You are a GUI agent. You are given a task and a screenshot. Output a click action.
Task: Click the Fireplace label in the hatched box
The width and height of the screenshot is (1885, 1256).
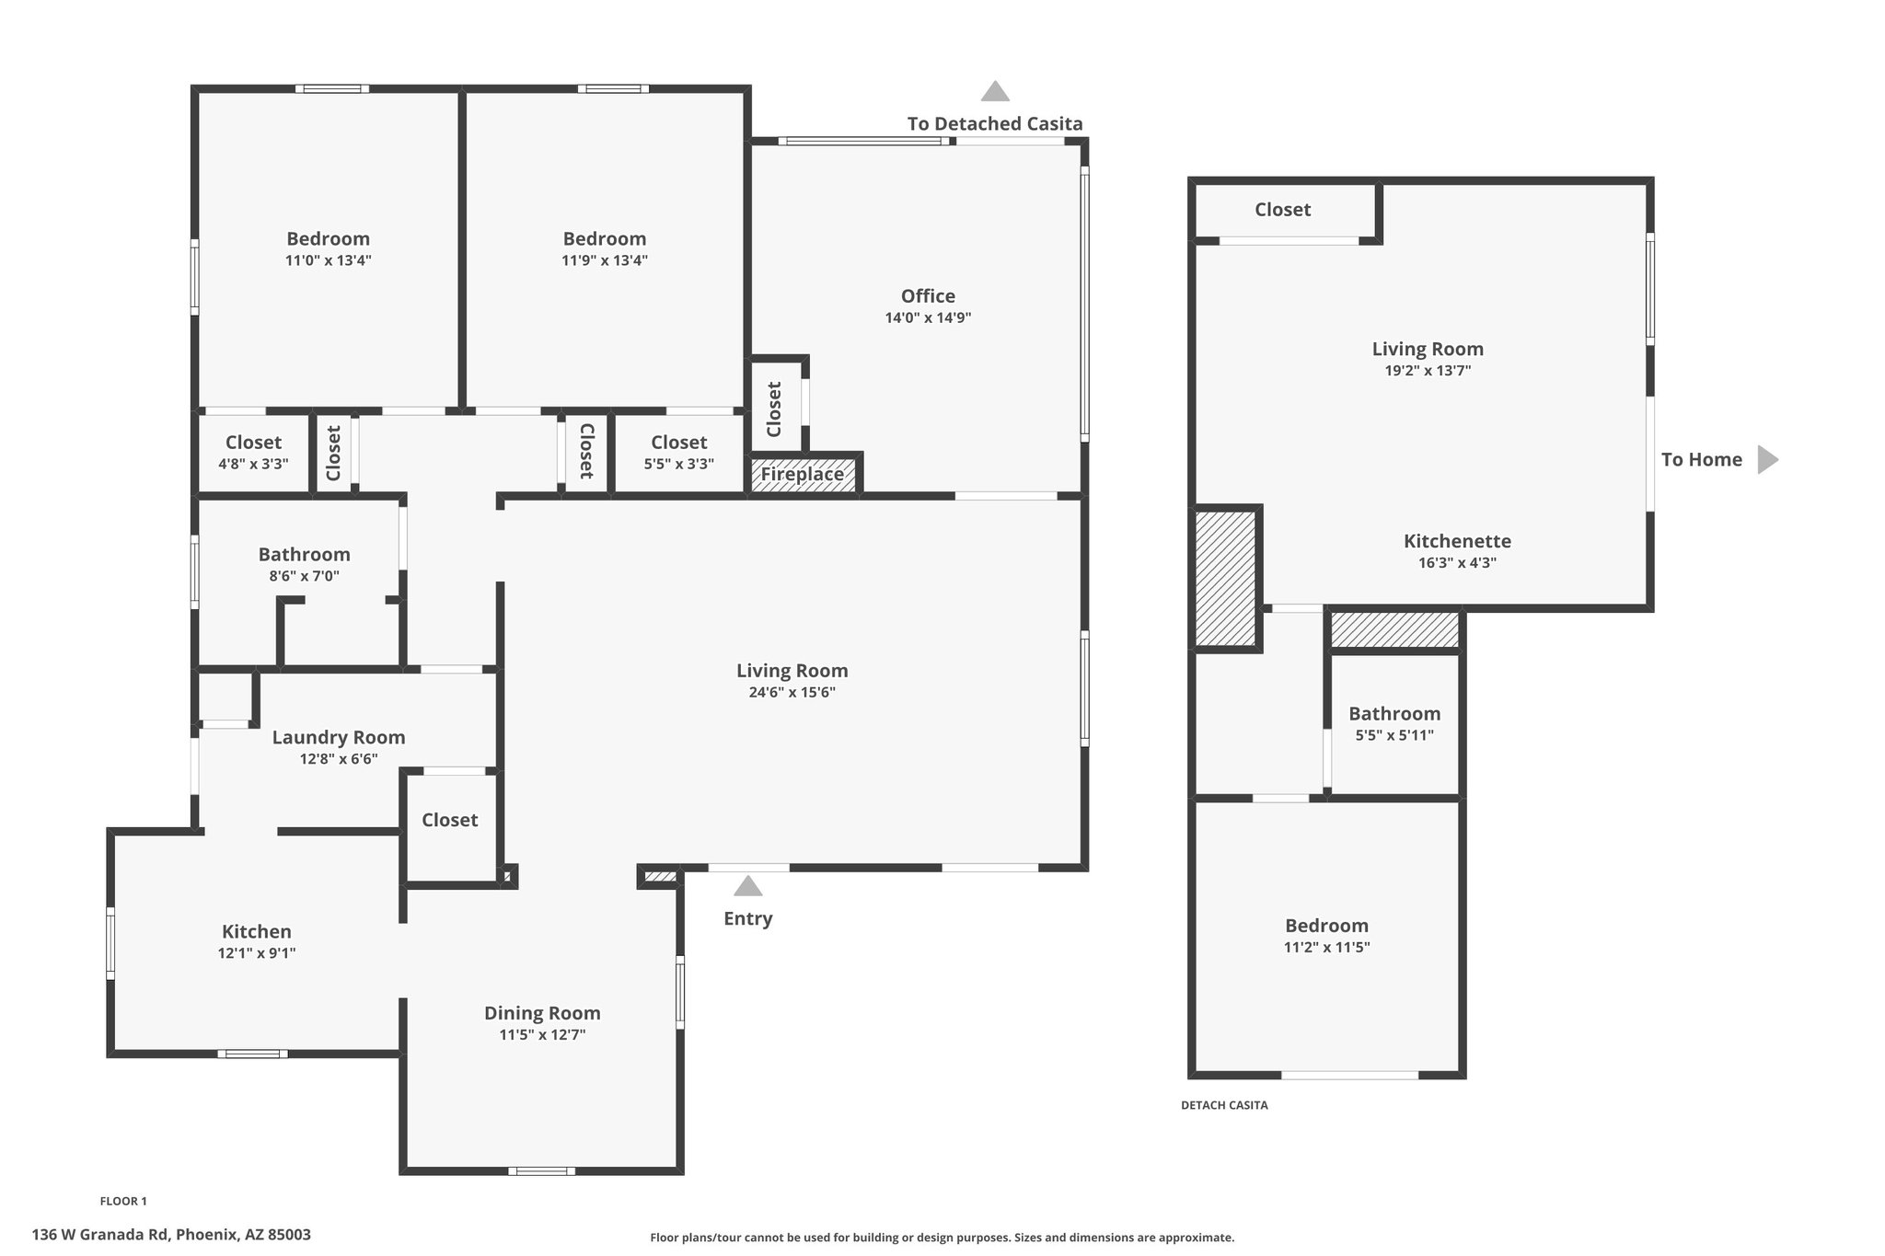802,475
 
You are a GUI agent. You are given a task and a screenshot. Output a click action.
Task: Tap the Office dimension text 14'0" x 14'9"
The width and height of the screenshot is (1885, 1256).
928,318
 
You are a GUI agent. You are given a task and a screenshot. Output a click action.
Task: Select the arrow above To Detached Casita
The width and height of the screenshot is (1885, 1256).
995,91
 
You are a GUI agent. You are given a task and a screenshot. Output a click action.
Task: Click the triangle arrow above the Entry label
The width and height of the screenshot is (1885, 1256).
747,886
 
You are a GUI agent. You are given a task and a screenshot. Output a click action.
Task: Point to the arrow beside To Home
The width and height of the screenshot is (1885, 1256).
1768,459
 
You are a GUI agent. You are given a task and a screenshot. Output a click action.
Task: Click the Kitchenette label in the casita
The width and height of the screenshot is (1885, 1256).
1457,541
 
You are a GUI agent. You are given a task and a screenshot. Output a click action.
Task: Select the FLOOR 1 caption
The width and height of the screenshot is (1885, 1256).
123,1201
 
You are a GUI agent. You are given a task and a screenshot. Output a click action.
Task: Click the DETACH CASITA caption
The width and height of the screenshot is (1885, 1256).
1224,1105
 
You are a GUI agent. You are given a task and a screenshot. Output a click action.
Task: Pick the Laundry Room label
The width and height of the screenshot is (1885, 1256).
339,737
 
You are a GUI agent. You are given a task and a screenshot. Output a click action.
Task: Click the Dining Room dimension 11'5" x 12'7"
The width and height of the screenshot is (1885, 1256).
542,1034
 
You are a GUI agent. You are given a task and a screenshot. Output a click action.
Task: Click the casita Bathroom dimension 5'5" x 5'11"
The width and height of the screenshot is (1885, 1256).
1394,735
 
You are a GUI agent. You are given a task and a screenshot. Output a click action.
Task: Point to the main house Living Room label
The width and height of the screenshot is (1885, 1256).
792,671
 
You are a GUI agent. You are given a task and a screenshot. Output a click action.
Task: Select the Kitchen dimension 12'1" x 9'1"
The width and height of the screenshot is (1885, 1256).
257,953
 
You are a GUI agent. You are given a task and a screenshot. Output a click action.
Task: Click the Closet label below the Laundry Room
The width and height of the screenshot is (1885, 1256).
449,820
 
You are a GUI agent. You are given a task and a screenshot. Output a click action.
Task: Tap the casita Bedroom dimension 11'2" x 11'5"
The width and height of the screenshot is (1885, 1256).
1326,947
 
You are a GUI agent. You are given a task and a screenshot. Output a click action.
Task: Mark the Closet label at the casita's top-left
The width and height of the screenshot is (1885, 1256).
1282,210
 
